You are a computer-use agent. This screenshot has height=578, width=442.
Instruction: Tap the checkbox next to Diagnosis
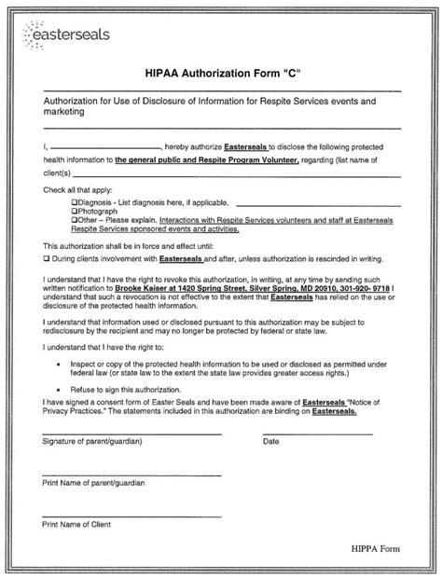click(75, 201)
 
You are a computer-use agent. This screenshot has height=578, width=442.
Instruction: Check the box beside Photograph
click(75, 211)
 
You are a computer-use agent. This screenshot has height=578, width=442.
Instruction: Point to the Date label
click(271, 442)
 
